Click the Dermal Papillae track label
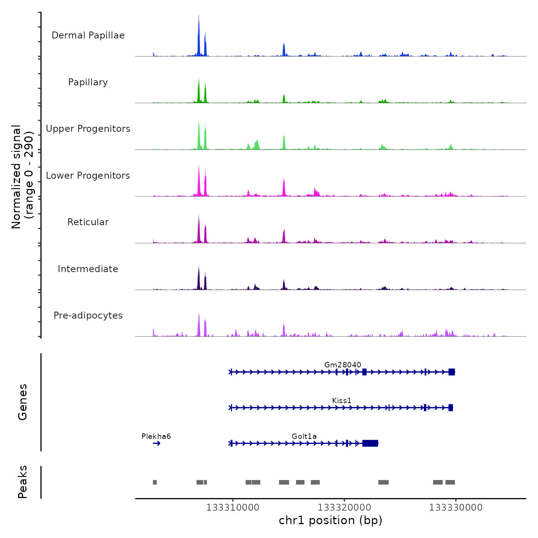[x=88, y=35]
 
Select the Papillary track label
[x=88, y=82]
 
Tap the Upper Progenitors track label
[x=88, y=129]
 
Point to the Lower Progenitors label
[x=88, y=176]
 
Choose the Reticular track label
[x=88, y=222]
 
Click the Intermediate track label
[x=88, y=269]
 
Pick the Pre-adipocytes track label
[x=88, y=315]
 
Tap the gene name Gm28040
[x=342, y=365]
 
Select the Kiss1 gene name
[x=342, y=400]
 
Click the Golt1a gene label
[x=304, y=436]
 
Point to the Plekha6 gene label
[x=156, y=436]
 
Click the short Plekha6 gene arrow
[x=156, y=443]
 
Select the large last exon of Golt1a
[x=370, y=443]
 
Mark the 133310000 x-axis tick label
[x=232, y=507]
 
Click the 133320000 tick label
[x=344, y=507]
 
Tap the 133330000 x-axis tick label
[x=456, y=507]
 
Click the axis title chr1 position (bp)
[x=330, y=520]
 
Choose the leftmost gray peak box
[x=155, y=482]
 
